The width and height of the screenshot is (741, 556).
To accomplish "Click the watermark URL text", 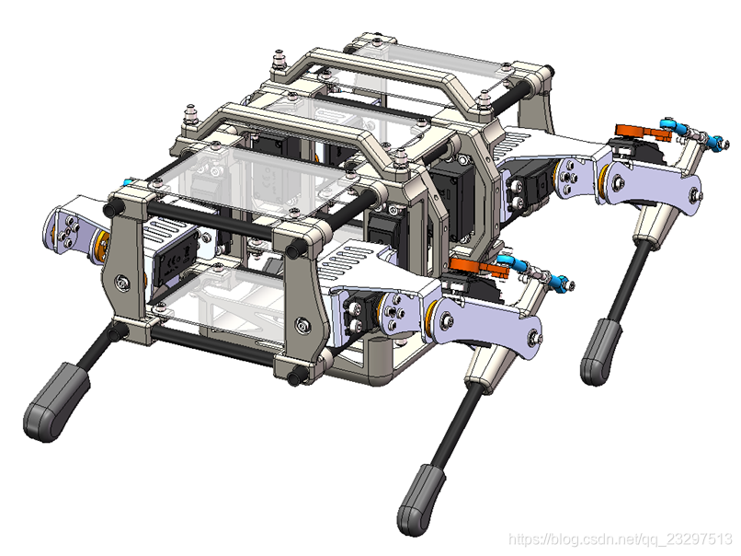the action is (x=620, y=539).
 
